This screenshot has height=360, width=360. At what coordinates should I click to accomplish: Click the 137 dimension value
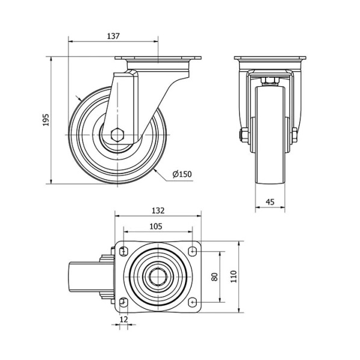coord(113,36)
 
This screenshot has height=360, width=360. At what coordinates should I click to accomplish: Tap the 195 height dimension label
coord(46,120)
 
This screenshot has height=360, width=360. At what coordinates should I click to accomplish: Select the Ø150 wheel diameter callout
coord(182,174)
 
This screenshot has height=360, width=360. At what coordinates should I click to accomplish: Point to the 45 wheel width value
coord(270,202)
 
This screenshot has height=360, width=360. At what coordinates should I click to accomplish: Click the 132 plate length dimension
coord(158,211)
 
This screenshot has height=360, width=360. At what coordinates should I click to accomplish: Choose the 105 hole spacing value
coord(156,226)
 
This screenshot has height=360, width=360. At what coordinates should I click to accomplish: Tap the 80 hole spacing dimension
coord(215,277)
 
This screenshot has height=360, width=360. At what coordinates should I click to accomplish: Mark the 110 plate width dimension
coord(234,277)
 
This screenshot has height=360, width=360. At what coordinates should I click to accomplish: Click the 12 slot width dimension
coord(124,319)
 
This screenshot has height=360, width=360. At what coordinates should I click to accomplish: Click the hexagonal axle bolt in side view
coord(117,134)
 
